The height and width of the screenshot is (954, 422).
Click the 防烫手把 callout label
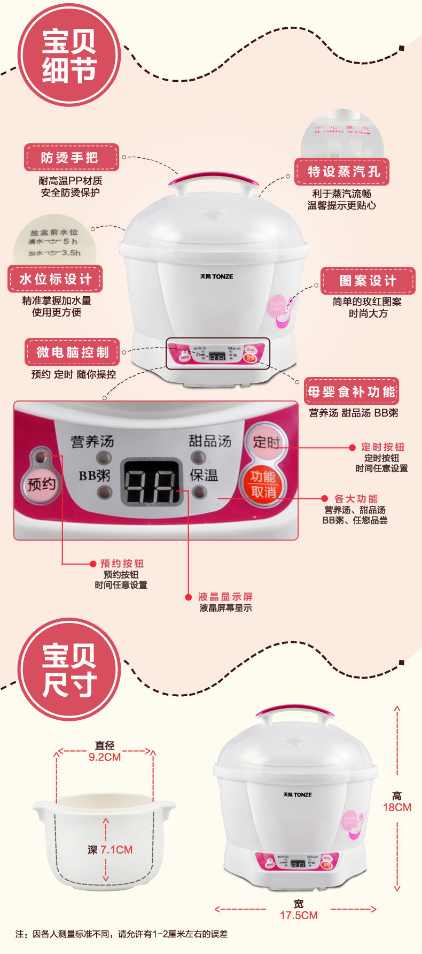(71, 157)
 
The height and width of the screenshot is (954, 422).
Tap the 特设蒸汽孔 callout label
(342, 172)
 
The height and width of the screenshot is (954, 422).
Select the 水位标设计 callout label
(55, 279)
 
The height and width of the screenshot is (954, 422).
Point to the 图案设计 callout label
(368, 281)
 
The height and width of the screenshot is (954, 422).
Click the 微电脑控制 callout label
(72, 352)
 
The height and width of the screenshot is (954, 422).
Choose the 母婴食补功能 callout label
(351, 391)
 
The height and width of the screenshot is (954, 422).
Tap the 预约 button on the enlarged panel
(41, 484)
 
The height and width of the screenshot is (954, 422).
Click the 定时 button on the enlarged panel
(266, 442)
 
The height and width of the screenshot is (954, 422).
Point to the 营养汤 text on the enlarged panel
(92, 442)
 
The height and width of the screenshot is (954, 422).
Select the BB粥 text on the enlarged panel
(95, 475)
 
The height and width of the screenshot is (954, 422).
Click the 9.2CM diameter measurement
(105, 757)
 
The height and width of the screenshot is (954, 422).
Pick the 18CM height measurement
(397, 807)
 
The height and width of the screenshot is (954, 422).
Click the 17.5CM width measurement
(299, 915)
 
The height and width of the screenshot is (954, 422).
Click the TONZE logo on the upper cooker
(216, 276)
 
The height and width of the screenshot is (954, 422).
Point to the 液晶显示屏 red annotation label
(225, 597)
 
